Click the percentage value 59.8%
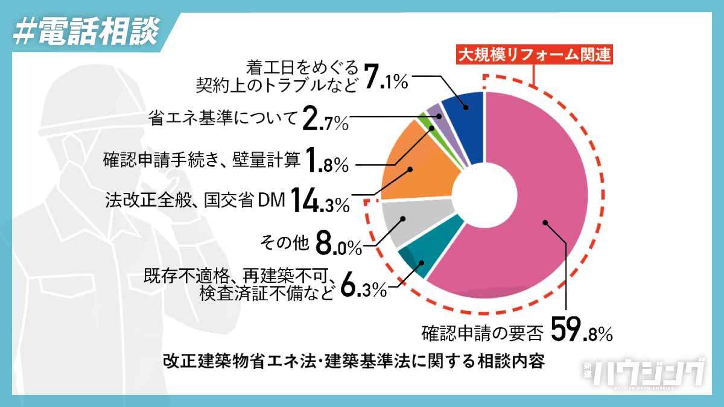tap(582, 330)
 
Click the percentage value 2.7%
tap(325, 120)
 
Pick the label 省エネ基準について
tap(223, 118)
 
